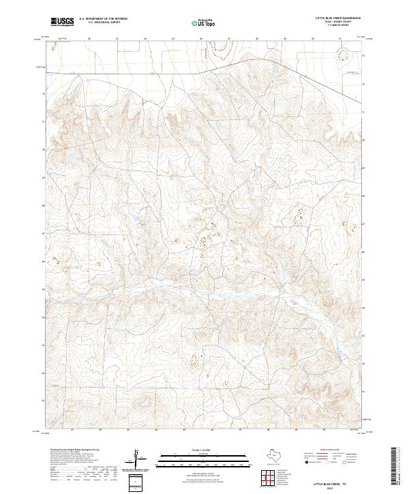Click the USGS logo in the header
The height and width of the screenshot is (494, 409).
[x=62, y=22]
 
